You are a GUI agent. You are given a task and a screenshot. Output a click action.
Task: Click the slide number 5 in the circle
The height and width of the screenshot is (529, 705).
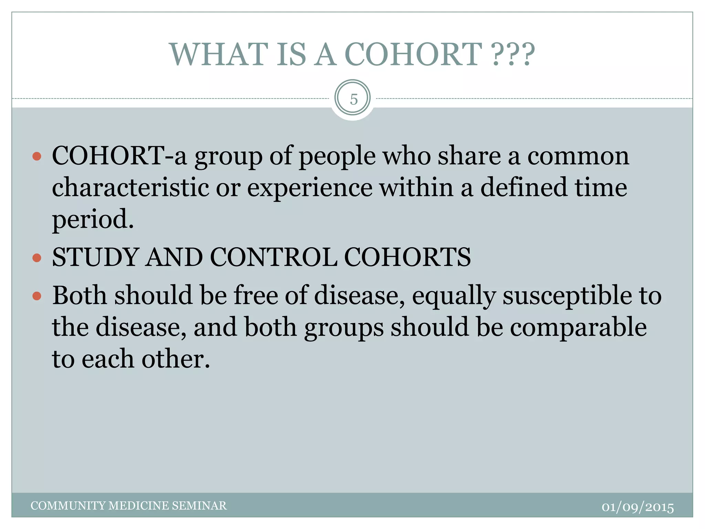(x=354, y=100)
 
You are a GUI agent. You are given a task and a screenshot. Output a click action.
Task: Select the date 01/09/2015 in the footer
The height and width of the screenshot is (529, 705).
(x=638, y=507)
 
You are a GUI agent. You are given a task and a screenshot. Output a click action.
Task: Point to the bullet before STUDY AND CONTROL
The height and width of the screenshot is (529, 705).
(x=37, y=258)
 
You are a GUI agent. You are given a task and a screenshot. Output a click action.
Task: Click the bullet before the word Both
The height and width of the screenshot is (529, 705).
(x=37, y=296)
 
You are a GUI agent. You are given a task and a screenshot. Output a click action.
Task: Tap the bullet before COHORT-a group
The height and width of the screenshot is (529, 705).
(x=37, y=157)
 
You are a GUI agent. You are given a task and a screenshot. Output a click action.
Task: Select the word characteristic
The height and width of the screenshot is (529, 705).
(x=130, y=188)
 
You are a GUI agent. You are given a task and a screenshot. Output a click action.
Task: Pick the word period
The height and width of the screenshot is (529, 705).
(x=92, y=220)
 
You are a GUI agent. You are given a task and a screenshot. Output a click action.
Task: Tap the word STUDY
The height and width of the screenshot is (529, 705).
(x=95, y=258)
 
